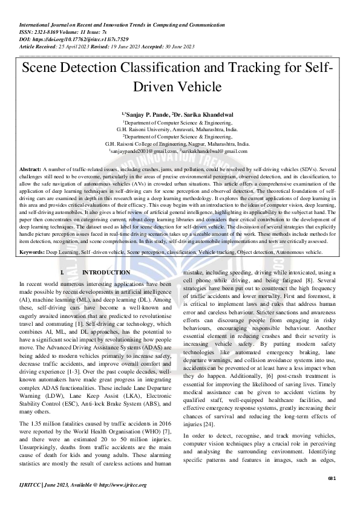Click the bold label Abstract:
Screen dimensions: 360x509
(x=31, y=169)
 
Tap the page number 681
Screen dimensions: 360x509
(x=332, y=479)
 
